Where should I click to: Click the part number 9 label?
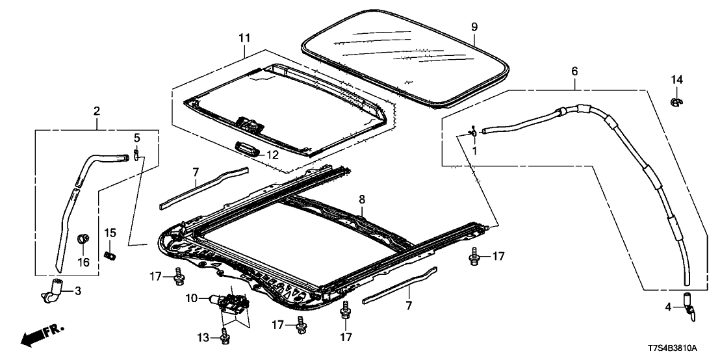(474, 27)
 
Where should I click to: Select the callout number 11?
(243, 38)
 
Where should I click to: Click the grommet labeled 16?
(83, 238)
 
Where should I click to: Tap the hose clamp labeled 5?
(138, 154)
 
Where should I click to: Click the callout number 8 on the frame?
(361, 201)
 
